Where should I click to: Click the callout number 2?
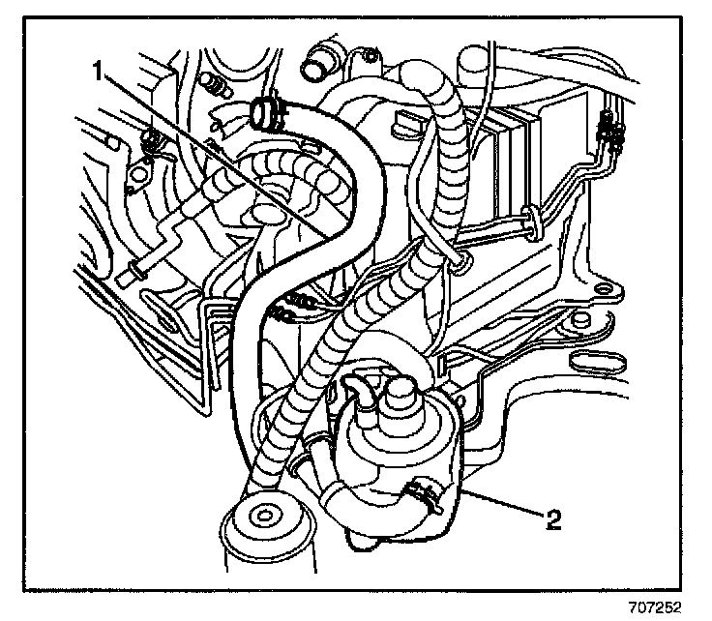[553, 520]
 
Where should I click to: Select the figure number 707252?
[655, 606]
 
